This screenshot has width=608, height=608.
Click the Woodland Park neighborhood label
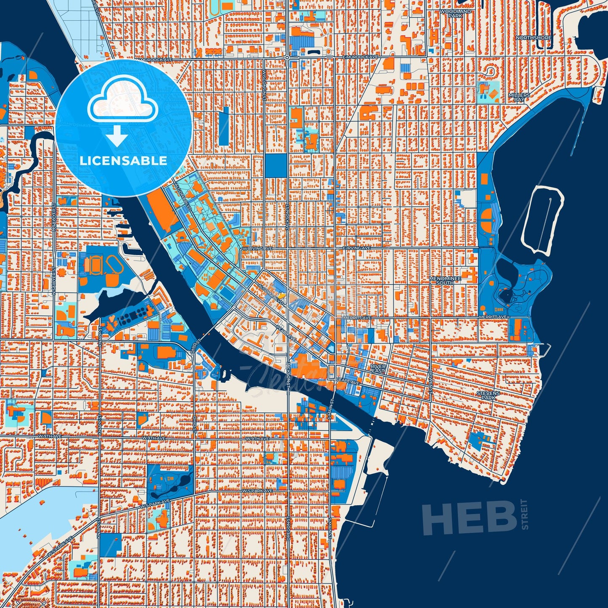point(455,13)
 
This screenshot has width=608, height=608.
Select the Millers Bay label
point(518,98)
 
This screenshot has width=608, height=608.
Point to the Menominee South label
point(445,281)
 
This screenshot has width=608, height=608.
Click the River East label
point(377,369)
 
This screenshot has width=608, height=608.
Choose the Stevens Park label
point(488,395)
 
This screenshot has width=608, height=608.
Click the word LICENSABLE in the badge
point(123,161)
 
